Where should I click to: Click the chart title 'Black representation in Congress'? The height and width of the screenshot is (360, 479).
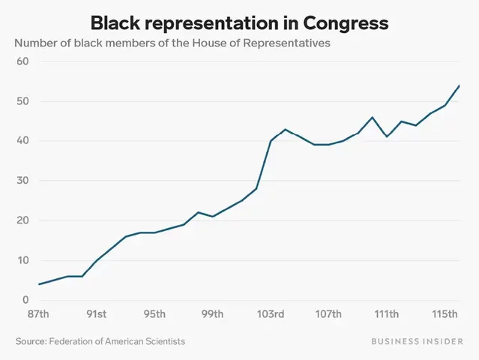click(x=239, y=23)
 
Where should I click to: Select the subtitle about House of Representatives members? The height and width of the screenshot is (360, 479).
click(x=172, y=43)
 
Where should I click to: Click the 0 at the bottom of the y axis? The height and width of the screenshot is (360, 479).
click(x=25, y=300)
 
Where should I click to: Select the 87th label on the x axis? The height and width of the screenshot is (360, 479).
click(x=38, y=313)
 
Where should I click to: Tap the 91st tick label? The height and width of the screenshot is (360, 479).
click(x=96, y=313)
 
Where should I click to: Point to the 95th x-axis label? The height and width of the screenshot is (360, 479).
click(x=154, y=313)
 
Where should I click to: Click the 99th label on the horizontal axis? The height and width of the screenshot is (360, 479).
click(x=212, y=313)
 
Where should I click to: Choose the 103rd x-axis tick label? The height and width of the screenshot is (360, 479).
click(x=270, y=313)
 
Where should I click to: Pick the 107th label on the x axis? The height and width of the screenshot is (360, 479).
click(x=328, y=313)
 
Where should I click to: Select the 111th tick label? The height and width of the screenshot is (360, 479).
click(x=386, y=313)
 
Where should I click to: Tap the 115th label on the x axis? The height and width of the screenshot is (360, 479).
click(x=445, y=313)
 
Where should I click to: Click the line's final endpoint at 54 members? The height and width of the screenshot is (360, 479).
click(x=459, y=85)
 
